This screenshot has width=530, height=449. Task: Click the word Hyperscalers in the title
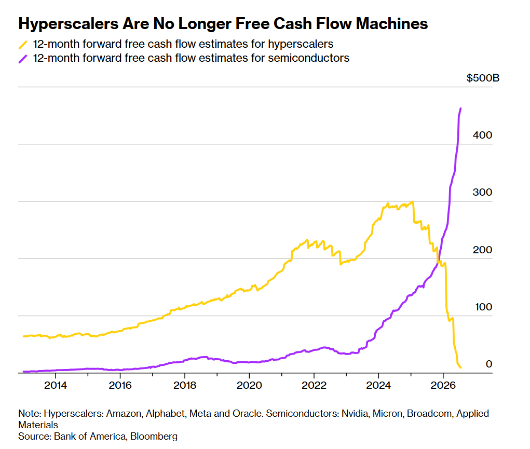(69, 24)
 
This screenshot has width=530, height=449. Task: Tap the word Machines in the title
(392, 24)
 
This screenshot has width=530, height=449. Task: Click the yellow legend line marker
(23, 45)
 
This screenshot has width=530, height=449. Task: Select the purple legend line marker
(23, 59)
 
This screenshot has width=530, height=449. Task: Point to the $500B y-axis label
(483, 78)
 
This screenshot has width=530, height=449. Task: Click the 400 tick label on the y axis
(482, 135)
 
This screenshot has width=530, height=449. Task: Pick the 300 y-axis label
(482, 193)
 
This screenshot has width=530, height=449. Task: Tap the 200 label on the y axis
(482, 250)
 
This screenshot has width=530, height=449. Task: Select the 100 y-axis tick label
(483, 307)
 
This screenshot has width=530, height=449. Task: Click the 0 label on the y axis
(489, 364)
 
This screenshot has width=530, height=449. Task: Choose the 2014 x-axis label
(56, 386)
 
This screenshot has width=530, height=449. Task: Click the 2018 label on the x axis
(185, 386)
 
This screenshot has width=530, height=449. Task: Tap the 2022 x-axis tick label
(314, 386)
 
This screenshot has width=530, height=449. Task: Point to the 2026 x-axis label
(443, 386)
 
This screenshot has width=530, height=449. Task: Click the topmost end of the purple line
(461, 108)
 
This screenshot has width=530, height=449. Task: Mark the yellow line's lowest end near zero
(460, 368)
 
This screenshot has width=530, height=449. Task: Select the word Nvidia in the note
(355, 414)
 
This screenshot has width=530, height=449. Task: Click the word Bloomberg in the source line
(154, 437)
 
